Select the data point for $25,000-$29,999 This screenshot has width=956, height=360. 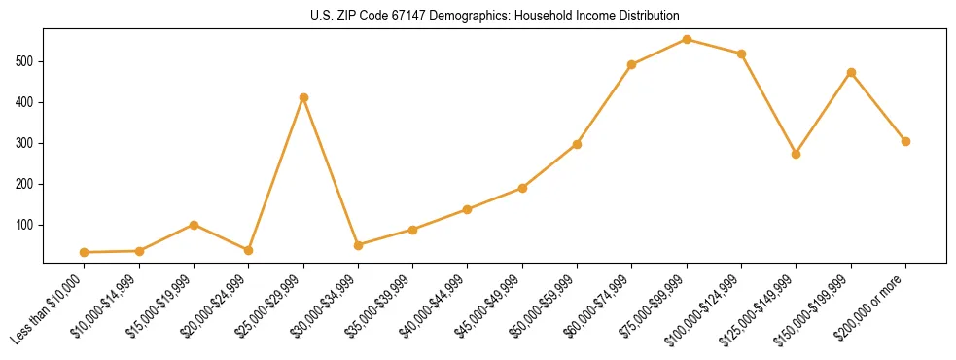click(303, 97)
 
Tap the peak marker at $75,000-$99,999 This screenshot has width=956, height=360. click(687, 39)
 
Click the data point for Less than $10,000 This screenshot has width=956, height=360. click(85, 252)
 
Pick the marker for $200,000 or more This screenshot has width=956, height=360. click(905, 141)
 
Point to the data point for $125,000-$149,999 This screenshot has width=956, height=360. click(797, 154)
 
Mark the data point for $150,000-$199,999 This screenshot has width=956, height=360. click(851, 72)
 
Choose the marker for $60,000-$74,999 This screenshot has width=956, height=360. click(632, 64)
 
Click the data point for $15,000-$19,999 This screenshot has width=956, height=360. click(194, 225)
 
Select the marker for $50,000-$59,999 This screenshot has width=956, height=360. click(577, 144)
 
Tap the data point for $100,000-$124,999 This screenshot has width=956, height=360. click(741, 54)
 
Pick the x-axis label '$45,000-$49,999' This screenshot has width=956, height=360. click(490, 307)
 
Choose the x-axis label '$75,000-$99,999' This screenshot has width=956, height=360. click(654, 307)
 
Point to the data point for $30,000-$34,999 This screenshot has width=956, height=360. click(358, 245)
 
